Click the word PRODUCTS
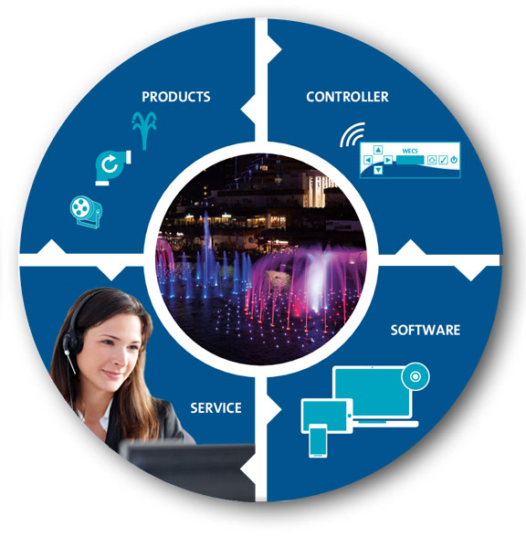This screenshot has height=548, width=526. pos(176,97)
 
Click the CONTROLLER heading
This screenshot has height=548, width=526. pos(347,97)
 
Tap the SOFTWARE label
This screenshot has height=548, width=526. pos(425,330)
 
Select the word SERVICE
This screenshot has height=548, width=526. pos(216,408)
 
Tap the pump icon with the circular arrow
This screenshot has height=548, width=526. pos(112,167)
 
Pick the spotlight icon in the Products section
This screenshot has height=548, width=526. pos(86,212)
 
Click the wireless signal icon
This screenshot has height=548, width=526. pos(352,134)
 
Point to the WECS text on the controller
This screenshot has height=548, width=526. pos(410,151)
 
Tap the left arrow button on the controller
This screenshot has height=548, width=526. pos(368,160)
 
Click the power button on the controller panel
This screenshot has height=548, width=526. pos(454,160)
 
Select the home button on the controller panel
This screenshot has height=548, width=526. pos(432,160)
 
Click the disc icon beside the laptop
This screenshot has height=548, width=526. pos(416,376)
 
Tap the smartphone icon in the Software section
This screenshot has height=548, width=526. pos(318,440)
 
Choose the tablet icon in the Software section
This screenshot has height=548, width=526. pos(327,416)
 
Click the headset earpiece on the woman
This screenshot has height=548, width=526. pos(71,342)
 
